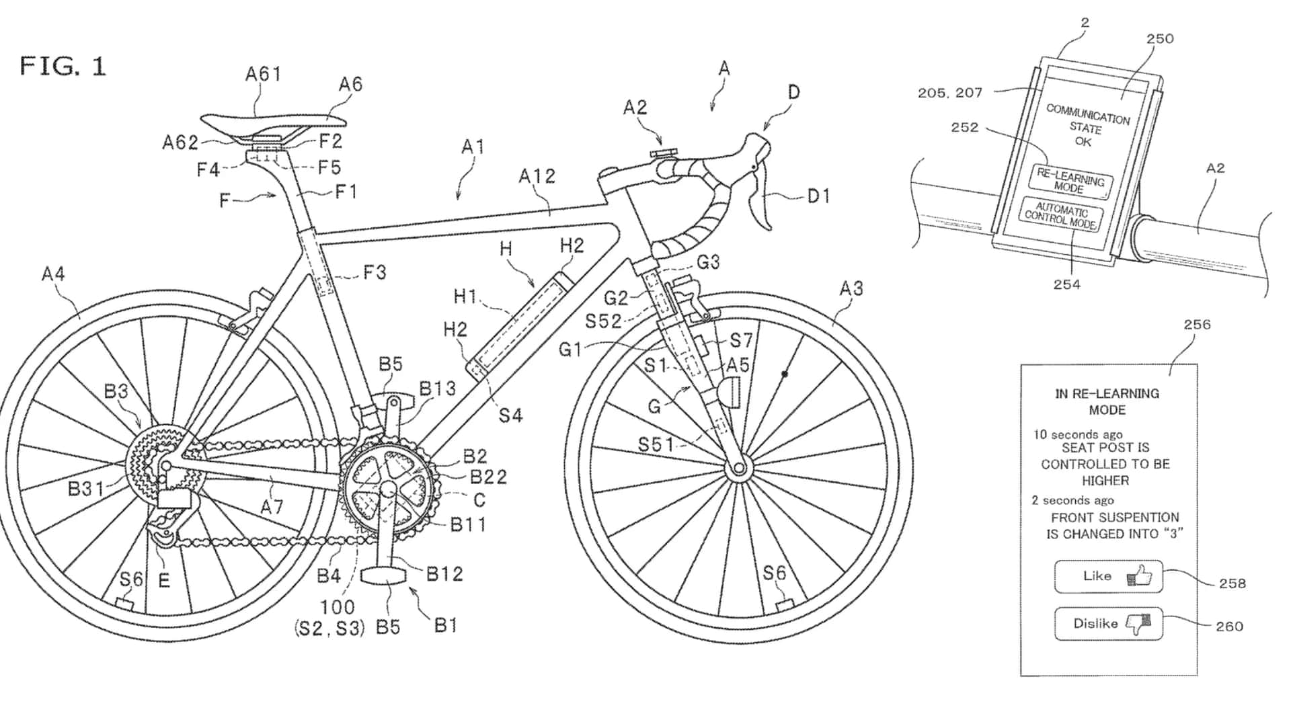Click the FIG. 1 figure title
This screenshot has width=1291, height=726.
click(63, 67)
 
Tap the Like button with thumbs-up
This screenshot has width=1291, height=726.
click(1107, 576)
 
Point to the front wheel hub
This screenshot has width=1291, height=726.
click(739, 467)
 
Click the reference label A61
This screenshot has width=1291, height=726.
click(263, 74)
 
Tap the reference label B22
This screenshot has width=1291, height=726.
click(488, 477)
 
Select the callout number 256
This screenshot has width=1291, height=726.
click(1197, 325)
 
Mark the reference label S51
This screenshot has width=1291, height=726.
click(656, 444)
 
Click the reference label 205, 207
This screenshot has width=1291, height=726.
click(949, 93)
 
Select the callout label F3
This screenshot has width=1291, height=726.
click(375, 272)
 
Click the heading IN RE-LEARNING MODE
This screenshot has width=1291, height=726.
click(1107, 401)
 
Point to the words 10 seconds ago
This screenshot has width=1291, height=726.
click(1078, 434)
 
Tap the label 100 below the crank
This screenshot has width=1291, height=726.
click(337, 607)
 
